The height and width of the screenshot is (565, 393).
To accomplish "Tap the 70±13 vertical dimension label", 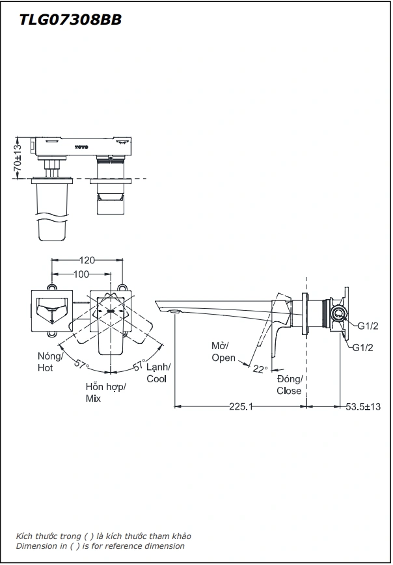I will (18, 157).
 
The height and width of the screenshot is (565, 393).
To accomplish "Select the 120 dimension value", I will (87, 260).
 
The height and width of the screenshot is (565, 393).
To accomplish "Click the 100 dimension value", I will (81, 274).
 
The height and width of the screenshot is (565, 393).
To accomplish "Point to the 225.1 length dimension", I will (240, 406).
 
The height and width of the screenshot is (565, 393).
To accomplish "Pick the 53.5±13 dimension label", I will (363, 406).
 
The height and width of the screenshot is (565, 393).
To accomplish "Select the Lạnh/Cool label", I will (157, 373).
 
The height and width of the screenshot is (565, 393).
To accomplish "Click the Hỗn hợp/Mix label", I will (105, 392).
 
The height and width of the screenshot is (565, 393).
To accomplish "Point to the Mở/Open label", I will (223, 352).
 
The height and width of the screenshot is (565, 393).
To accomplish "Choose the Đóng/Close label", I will (289, 385).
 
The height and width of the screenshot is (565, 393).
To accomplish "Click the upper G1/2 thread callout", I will (368, 326).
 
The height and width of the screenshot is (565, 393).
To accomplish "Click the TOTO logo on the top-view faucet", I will (81, 147).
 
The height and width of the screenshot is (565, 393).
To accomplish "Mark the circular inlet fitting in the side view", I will (337, 314).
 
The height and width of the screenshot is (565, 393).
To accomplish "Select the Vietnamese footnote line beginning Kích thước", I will (103, 536).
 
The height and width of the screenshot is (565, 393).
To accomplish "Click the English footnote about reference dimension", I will (100, 546).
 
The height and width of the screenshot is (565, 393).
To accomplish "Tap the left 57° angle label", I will (81, 364).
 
